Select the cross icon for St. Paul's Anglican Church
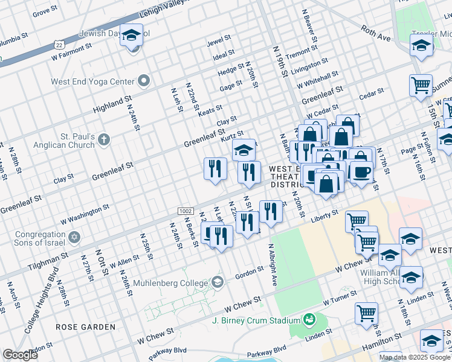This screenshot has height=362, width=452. click(104, 140)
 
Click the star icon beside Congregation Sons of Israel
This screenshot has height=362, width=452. click(74, 237)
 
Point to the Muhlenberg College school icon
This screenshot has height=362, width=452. click(217, 282)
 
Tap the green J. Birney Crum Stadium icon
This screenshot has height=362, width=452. click(309, 319)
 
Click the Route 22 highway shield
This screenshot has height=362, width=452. click(59, 44)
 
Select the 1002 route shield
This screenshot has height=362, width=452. click(186, 211)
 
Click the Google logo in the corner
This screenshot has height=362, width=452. click(20, 355)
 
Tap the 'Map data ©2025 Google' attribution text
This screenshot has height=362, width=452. click(415, 357)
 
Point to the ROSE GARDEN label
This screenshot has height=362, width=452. click(85, 326)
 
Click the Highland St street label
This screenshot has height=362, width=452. click(112, 103)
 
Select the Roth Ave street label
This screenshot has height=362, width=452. click(376, 33)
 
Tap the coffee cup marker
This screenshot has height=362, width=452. click(361, 173)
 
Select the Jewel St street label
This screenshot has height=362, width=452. click(219, 40)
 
